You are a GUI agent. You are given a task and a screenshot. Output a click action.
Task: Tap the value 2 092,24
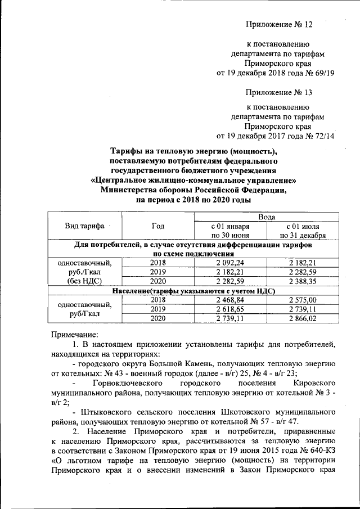(231, 263)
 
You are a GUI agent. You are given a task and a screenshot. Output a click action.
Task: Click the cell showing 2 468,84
(231, 300)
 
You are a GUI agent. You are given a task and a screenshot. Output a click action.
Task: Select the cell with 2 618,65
(231, 309)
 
